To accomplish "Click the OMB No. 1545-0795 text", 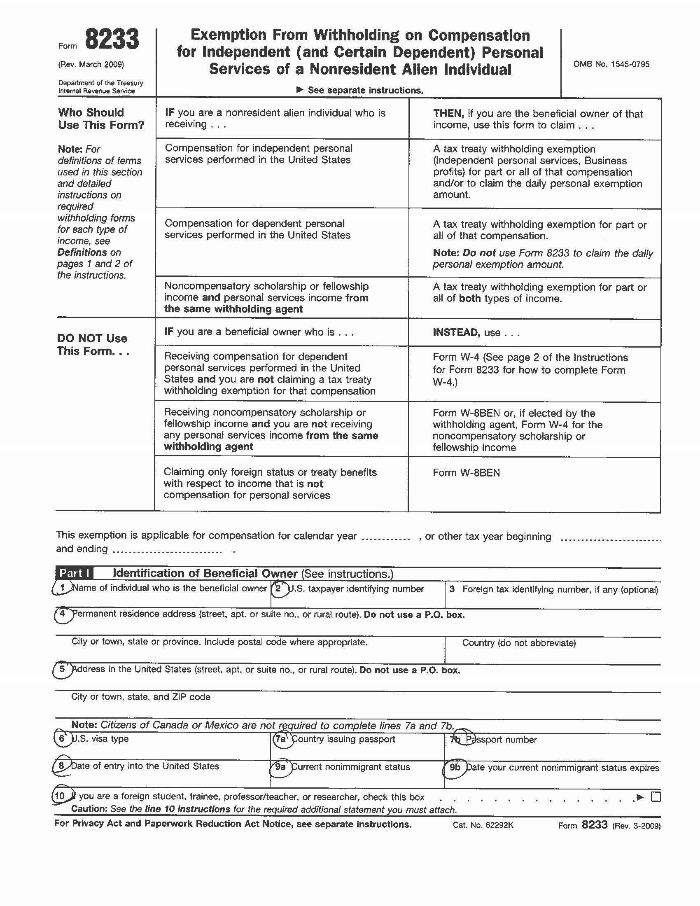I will tap(611, 64).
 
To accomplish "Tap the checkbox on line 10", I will tap(656, 796).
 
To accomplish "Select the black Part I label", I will tap(74, 573).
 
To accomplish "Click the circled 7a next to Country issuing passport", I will tap(281, 739).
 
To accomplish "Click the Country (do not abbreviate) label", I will tap(519, 643).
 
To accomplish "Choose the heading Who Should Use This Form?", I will tap(101, 119).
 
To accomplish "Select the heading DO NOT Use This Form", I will tap(93, 344).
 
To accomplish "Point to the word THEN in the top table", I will tap(448, 114).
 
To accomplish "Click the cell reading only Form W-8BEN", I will tap(466, 472).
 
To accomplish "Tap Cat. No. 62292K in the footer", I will tap(483, 825).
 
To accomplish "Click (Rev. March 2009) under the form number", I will tap(91, 64).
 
